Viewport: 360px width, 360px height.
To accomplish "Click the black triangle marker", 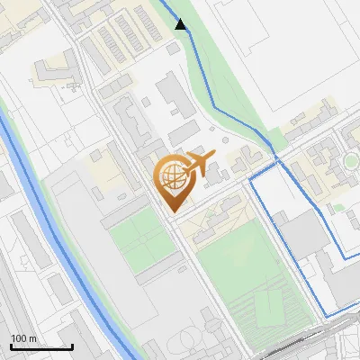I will (181, 25).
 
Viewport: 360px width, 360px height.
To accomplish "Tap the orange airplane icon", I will (198, 164).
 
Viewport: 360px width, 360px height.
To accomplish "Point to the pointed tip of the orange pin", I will (171, 211).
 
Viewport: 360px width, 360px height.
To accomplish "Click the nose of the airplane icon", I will (214, 157).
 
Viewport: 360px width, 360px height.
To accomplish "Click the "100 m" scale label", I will (23, 338).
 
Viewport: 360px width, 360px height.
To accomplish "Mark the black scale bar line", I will (41, 346).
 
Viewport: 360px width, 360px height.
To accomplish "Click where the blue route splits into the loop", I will (276, 162).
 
